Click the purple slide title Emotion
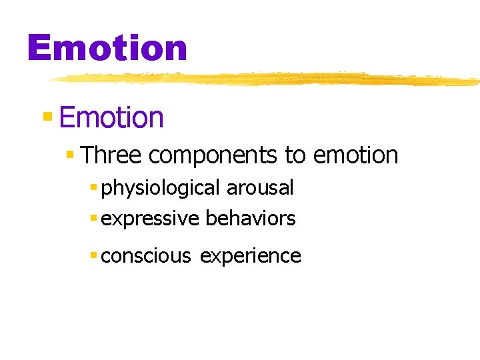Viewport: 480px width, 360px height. [107, 49]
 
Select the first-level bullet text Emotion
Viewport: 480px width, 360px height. [111, 118]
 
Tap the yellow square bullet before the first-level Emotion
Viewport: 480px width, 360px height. [47, 117]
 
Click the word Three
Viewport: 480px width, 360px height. [111, 155]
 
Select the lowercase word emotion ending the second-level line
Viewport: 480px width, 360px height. [355, 156]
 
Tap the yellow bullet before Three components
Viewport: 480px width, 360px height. [70, 155]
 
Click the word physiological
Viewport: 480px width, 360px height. [161, 189]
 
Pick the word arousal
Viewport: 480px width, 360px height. [260, 189]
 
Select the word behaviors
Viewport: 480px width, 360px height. [251, 219]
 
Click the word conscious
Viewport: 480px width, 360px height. [146, 256]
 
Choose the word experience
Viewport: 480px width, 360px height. [251, 257]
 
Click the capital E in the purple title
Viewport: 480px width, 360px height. [39, 49]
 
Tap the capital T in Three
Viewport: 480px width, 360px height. [87, 155]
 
